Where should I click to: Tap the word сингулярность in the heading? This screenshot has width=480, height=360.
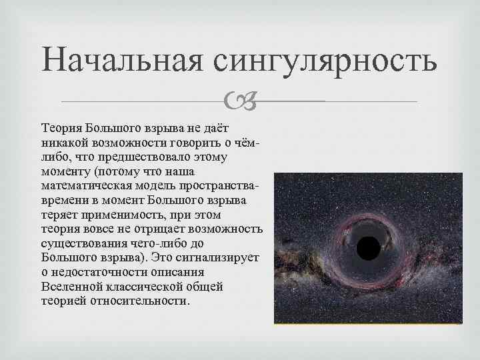tap(326, 61)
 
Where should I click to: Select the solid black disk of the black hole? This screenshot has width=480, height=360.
tap(368, 249)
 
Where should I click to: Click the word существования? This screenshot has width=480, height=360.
tap(85, 245)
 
